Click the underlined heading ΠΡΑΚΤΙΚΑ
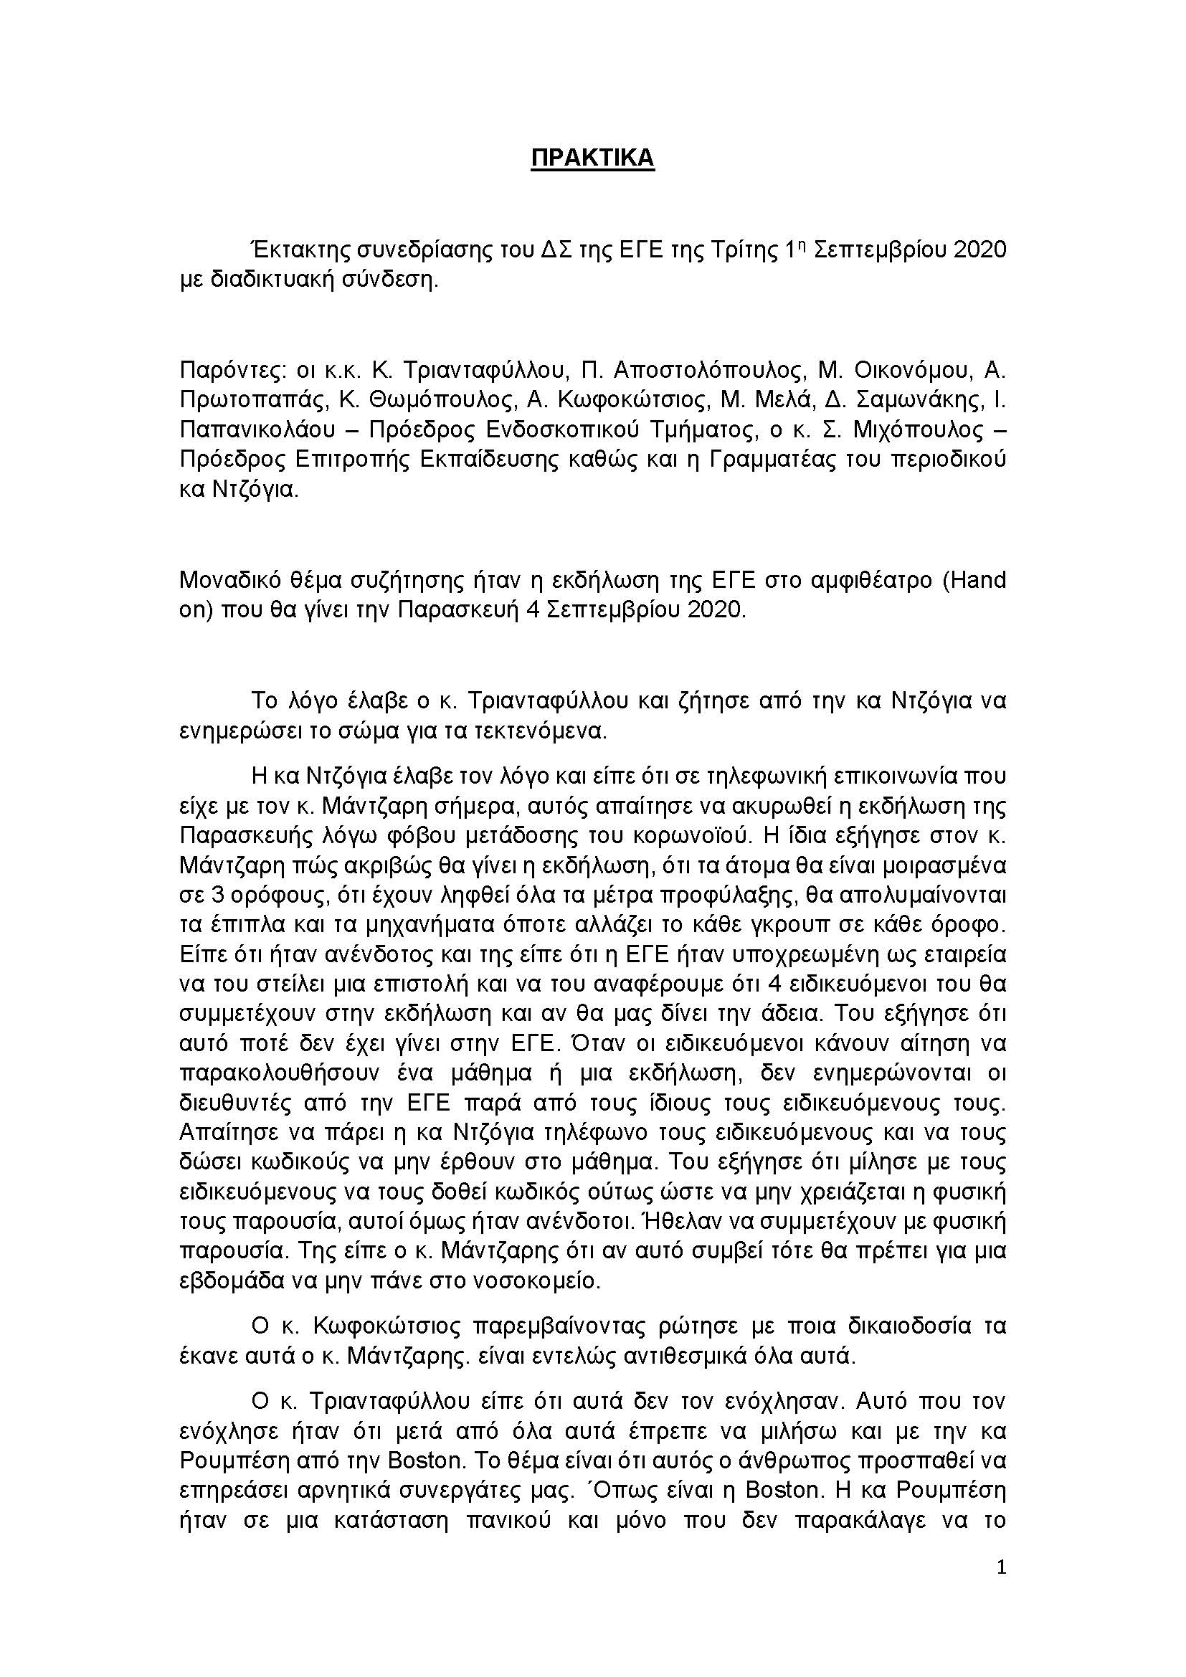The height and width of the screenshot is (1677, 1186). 592,158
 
